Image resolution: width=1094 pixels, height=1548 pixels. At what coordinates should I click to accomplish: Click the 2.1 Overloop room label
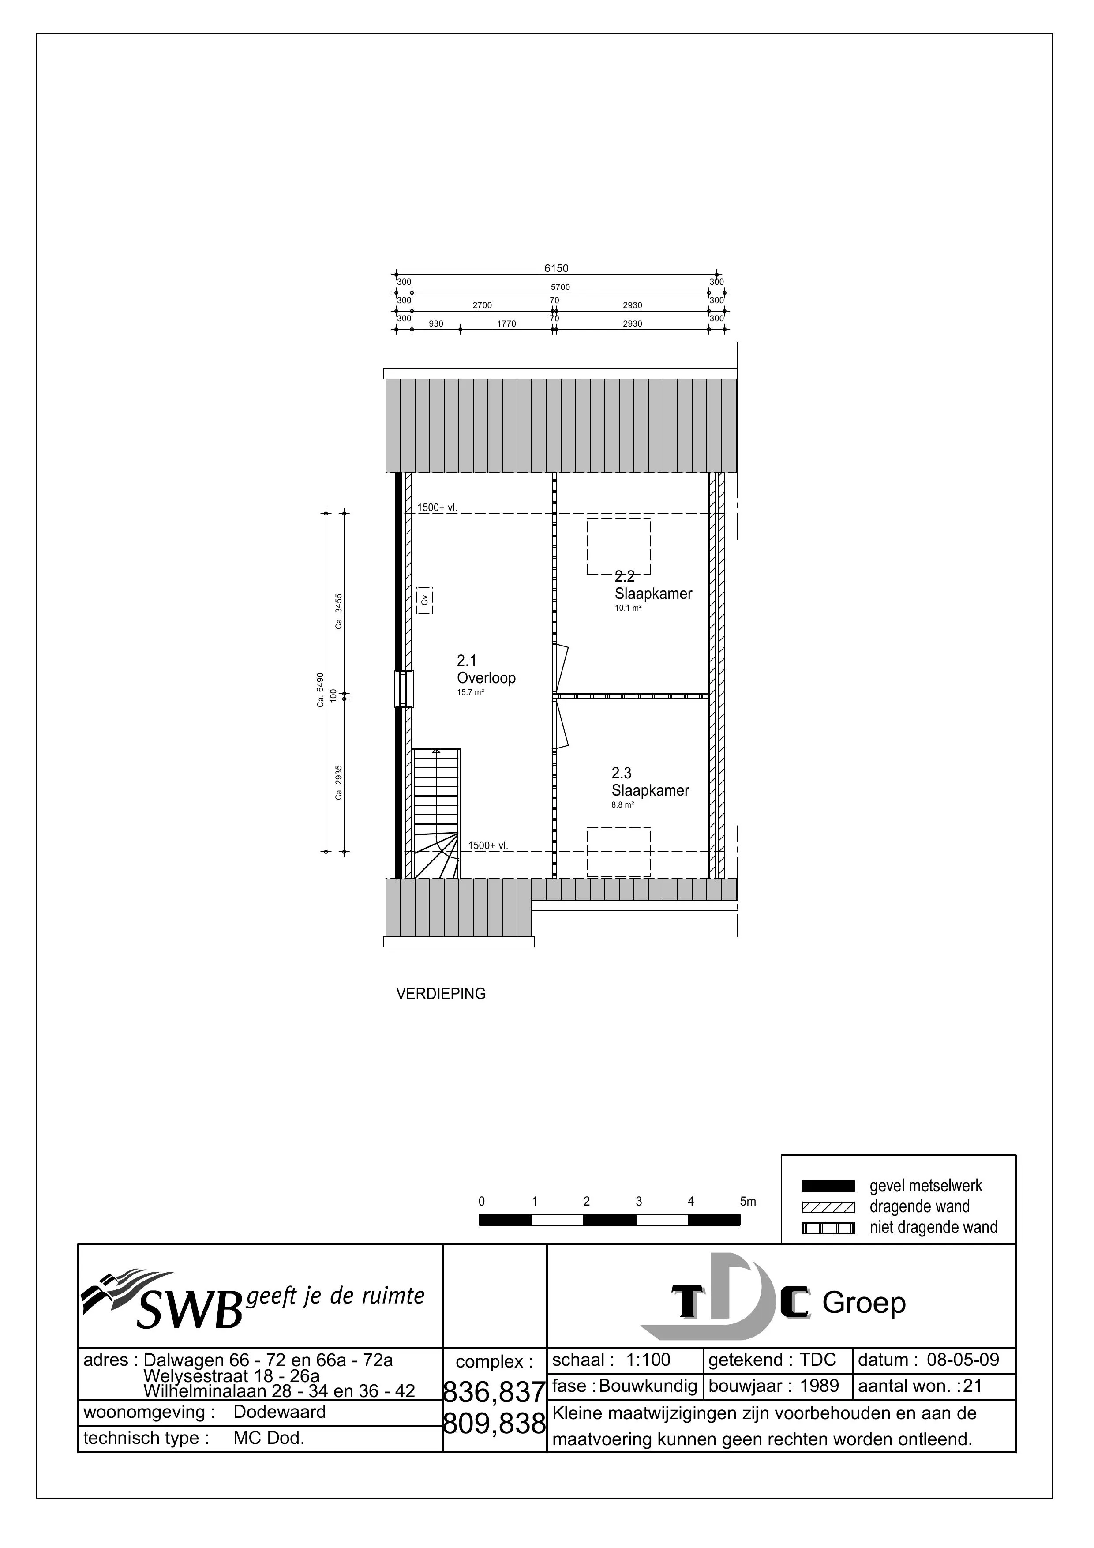pos(486,669)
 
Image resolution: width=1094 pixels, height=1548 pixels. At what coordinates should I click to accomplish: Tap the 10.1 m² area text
pos(628,608)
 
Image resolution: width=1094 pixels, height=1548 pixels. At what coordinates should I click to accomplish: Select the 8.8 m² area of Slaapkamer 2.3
pos(623,804)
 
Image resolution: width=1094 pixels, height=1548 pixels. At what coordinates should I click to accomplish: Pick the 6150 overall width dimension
pos(556,268)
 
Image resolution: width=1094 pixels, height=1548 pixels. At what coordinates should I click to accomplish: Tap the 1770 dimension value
pos(506,323)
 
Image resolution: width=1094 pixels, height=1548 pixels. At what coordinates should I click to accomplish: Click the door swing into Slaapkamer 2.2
pos(562,668)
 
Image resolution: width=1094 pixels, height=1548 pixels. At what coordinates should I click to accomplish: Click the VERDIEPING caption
pos(441,994)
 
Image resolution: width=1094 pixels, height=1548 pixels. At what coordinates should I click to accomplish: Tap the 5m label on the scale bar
pos(748,1202)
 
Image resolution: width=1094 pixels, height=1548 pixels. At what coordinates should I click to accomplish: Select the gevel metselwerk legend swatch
pos(828,1187)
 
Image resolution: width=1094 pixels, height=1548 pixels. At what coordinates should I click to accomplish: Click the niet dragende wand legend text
pos(933,1227)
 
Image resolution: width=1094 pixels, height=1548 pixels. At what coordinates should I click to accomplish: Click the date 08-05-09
pos(963,1360)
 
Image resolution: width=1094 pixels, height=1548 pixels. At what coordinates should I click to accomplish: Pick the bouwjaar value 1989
pos(819,1386)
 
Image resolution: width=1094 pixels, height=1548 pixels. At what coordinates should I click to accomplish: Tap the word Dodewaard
pos(279,1412)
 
